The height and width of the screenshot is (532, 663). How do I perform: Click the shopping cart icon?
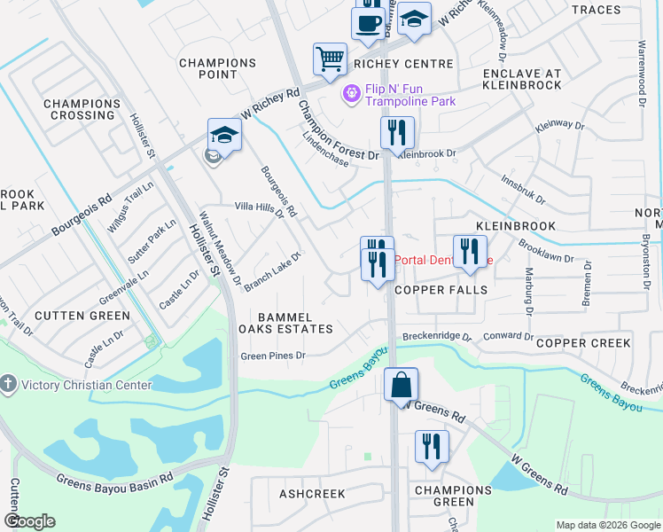pyautogui.click(x=330, y=59)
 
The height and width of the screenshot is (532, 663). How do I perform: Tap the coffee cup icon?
pyautogui.click(x=368, y=23)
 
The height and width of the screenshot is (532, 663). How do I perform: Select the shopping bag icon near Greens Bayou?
pyautogui.click(x=401, y=385)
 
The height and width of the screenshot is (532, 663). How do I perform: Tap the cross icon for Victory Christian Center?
pyautogui.click(x=9, y=384)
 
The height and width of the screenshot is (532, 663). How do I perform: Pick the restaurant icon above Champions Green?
pyautogui.click(x=432, y=446)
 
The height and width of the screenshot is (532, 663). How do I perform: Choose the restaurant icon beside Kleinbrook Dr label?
pyautogui.click(x=396, y=133)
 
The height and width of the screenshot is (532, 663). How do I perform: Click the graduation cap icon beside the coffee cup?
pyautogui.click(x=413, y=20)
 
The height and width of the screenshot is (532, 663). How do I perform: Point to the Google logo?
pyautogui.click(x=29, y=521)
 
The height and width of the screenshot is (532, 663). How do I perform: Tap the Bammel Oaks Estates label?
pyautogui.click(x=282, y=323)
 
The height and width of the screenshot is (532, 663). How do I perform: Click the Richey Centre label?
pyautogui.click(x=403, y=64)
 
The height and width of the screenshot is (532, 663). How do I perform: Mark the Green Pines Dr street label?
pyautogui.click(x=274, y=356)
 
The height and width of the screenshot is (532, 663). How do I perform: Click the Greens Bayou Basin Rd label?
pyautogui.click(x=113, y=481)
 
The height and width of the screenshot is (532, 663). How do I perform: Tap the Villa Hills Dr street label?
pyautogui.click(x=258, y=209)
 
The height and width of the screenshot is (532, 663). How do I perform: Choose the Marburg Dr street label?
pyautogui.click(x=528, y=292)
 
